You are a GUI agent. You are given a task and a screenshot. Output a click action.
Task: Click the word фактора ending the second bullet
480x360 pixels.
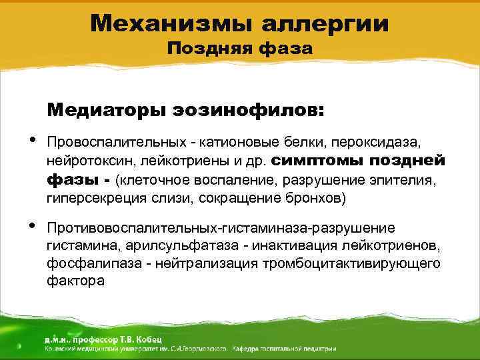click(x=75, y=282)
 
